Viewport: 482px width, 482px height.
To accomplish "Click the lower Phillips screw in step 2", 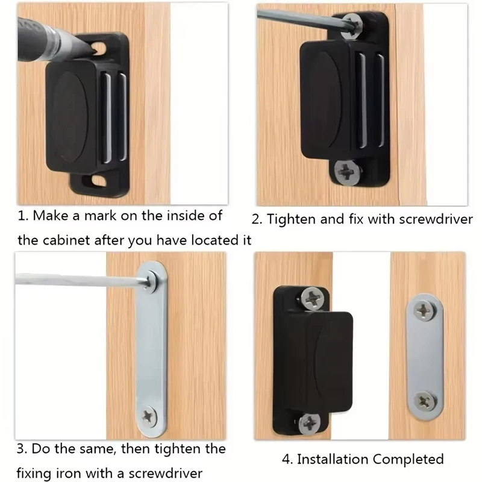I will point(348,173).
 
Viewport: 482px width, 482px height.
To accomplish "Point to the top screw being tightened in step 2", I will point(351,25).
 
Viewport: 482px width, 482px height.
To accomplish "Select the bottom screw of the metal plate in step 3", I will point(148,415).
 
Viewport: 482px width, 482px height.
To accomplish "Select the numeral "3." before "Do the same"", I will point(22,449).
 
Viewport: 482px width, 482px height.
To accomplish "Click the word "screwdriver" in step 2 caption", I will point(436,219).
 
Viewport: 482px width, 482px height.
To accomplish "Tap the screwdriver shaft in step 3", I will point(78,279).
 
